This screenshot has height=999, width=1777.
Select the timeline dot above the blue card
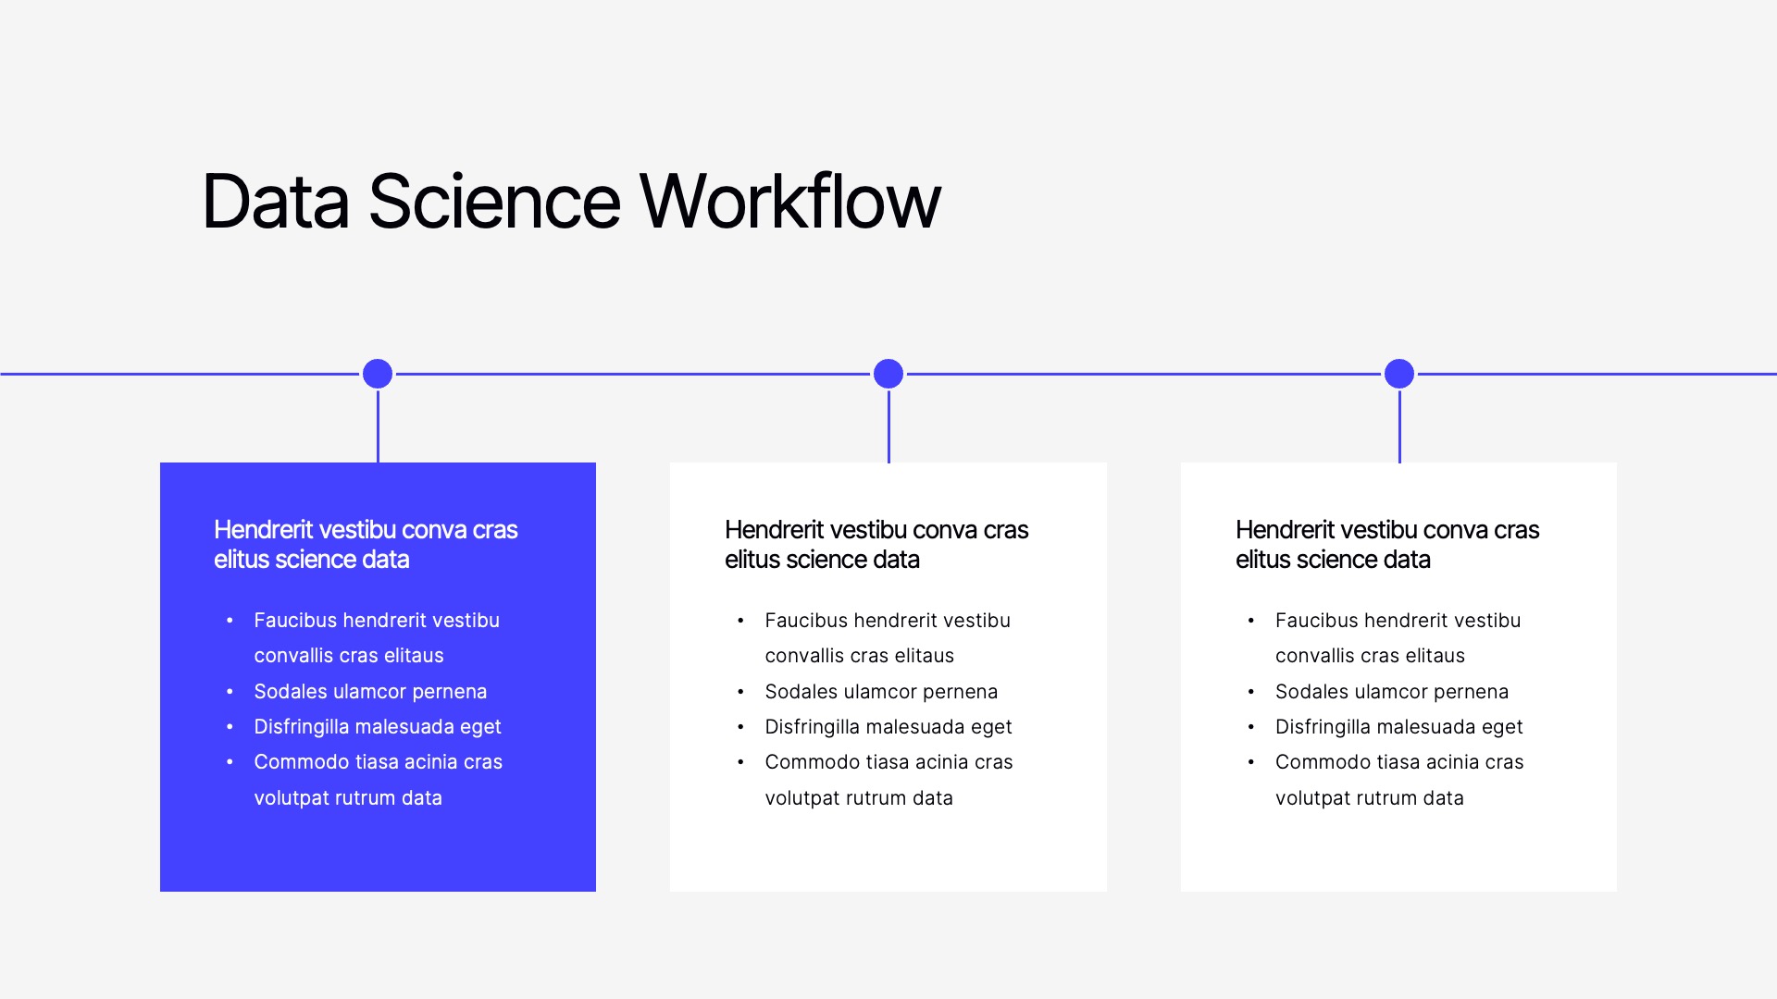tap(378, 374)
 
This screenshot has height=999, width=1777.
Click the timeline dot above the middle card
tap(888, 374)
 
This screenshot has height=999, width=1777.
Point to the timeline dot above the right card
tap(1399, 374)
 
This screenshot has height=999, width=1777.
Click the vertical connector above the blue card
tap(378, 427)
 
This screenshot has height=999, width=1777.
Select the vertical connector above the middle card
tap(888, 427)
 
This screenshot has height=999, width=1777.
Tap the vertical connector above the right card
tap(1399, 427)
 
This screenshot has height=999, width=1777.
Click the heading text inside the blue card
tap(366, 544)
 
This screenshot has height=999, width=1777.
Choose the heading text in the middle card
tap(876, 544)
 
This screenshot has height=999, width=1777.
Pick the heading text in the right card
tap(1387, 544)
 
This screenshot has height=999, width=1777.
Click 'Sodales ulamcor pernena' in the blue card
tap(370, 692)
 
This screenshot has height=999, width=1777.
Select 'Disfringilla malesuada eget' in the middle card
tap(888, 727)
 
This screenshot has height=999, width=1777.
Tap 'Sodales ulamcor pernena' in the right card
tap(1392, 692)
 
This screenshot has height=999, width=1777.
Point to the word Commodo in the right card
tap(1318, 762)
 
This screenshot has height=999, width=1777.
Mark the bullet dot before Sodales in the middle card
tap(740, 692)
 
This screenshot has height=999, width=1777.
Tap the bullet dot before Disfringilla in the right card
tap(1251, 727)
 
